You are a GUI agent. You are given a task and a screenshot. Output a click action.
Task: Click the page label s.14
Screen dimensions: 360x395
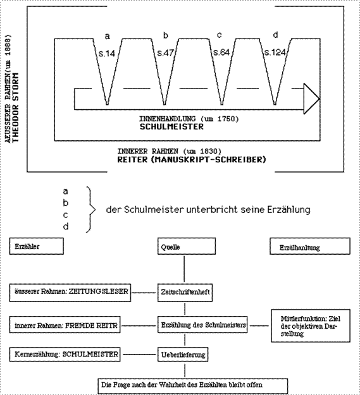pyautogui.click(x=107, y=54)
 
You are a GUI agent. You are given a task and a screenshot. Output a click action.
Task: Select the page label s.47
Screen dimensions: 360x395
pyautogui.click(x=166, y=52)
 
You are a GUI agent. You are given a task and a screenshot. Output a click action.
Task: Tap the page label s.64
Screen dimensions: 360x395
pyautogui.click(x=221, y=52)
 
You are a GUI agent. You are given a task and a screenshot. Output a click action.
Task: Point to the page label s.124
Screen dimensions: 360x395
pyautogui.click(x=275, y=52)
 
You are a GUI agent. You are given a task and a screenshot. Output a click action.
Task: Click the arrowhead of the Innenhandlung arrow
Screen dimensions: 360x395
pyautogui.click(x=312, y=99)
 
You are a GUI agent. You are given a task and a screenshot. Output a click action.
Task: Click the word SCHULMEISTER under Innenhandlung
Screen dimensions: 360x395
pyautogui.click(x=171, y=126)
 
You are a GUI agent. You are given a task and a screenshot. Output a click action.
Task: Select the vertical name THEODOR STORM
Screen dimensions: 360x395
pyautogui.click(x=15, y=107)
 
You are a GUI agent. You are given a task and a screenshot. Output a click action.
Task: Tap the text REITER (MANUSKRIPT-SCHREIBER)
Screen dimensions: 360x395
pyautogui.click(x=192, y=160)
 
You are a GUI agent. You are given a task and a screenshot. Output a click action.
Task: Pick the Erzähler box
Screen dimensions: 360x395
pyautogui.click(x=37, y=246)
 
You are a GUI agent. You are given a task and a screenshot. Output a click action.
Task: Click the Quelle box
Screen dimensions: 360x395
pyautogui.click(x=187, y=246)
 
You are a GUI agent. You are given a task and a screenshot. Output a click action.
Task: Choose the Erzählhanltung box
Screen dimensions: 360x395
pyautogui.click(x=310, y=246)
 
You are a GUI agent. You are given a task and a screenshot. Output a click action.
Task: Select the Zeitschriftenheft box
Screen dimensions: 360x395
pyautogui.click(x=185, y=293)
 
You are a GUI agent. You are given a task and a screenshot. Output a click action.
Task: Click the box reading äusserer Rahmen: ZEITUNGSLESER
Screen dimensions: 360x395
pyautogui.click(x=70, y=293)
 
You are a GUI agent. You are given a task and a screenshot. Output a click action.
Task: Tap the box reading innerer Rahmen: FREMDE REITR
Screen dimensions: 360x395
pyautogui.click(x=65, y=325)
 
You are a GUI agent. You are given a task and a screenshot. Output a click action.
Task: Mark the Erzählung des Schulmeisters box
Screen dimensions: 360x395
pyautogui.click(x=202, y=325)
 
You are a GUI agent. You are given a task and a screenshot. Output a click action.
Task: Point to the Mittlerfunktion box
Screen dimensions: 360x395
pyautogui.click(x=311, y=325)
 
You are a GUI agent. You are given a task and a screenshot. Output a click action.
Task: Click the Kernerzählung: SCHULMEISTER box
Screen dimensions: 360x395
pyautogui.click(x=65, y=355)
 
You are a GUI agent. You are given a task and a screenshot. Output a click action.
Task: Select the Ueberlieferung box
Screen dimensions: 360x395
pyautogui.click(x=183, y=355)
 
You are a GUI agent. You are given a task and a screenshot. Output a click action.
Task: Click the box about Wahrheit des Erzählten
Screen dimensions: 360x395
pyautogui.click(x=192, y=386)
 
